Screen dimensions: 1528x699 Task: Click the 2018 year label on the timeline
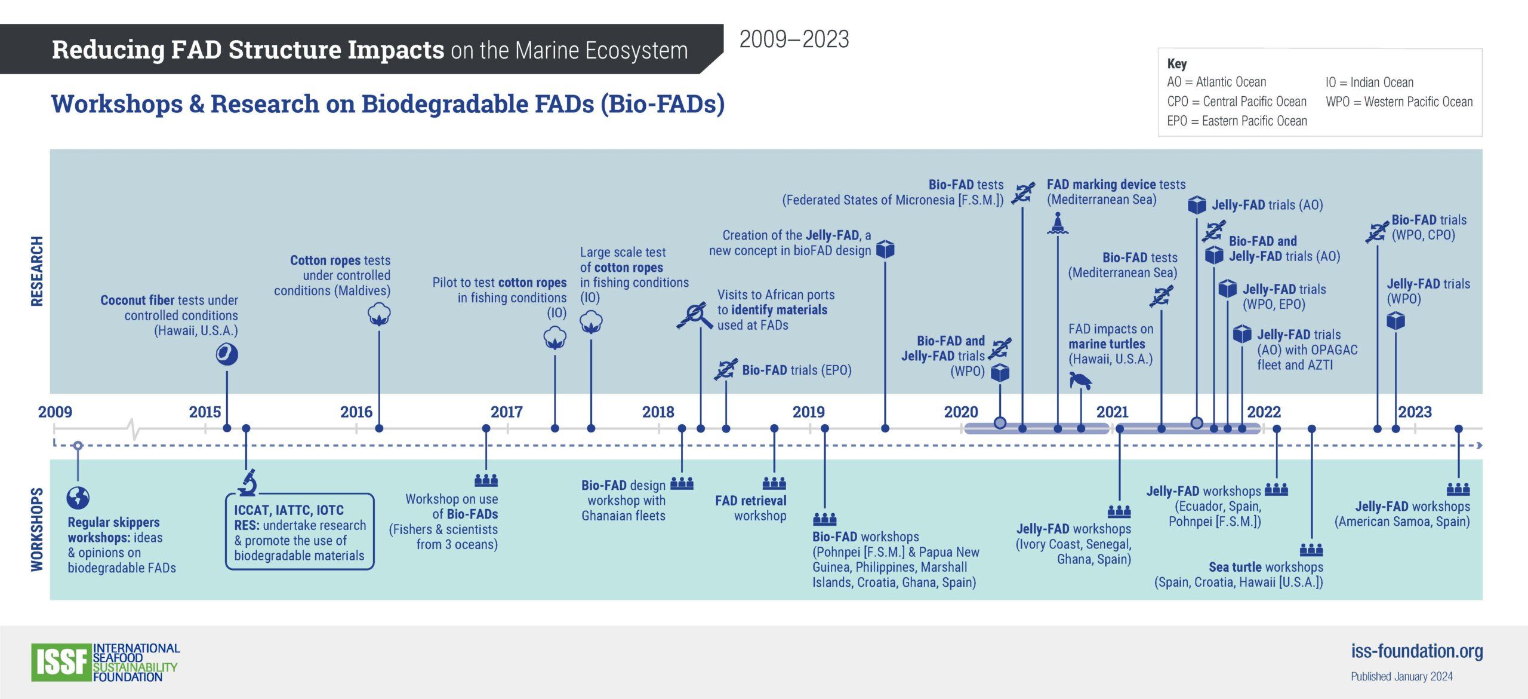658,412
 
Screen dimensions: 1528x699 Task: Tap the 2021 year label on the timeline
1113,412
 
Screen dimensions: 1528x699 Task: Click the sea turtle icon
1080,381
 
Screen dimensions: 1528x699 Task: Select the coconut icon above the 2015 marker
227,354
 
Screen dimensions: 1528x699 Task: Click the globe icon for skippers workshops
78,498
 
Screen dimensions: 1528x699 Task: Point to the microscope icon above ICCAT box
248,483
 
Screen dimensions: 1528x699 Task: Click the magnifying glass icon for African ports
695,316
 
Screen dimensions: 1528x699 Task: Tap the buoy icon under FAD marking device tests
1058,223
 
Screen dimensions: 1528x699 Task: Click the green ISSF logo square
62,663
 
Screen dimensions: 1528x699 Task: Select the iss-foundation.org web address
1417,651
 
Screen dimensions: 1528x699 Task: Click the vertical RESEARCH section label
37,271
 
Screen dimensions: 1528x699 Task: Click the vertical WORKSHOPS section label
37,529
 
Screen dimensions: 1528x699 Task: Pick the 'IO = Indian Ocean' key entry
1369,82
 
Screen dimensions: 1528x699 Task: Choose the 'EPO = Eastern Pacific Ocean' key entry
1237,121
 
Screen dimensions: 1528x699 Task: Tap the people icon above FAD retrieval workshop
774,483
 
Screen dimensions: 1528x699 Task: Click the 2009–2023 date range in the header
794,39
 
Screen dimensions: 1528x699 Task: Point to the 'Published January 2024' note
1401,676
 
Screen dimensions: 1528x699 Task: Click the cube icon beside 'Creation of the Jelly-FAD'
885,249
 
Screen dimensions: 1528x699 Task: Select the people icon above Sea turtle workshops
1311,549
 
